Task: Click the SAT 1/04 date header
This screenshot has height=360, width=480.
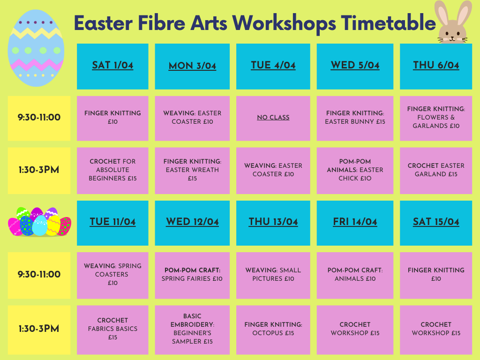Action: click(x=112, y=67)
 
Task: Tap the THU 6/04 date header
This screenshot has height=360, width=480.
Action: click(x=436, y=67)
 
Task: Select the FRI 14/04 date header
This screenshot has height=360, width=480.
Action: click(x=355, y=223)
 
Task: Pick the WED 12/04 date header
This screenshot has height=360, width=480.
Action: click(x=192, y=223)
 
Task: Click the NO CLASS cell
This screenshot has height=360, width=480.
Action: click(x=273, y=118)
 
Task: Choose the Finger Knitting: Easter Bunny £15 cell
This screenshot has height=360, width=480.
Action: click(x=355, y=118)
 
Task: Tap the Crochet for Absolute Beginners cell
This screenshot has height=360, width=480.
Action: click(x=112, y=171)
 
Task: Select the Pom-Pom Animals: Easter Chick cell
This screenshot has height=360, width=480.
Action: click(x=355, y=171)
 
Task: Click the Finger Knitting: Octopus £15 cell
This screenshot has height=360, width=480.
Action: click(x=273, y=330)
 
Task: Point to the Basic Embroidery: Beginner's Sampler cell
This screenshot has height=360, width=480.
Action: click(x=192, y=330)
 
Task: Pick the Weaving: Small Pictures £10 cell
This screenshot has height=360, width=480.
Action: click(x=273, y=275)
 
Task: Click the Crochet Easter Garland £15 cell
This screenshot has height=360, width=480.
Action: click(x=436, y=171)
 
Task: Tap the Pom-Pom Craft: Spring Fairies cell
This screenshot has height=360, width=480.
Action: click(x=192, y=275)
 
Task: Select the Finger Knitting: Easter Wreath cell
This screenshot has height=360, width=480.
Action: click(x=192, y=171)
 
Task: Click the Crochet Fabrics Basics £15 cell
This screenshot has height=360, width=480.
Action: click(x=112, y=330)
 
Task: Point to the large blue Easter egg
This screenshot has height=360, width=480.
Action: click(x=36, y=48)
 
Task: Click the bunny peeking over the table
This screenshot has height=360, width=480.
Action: click(x=453, y=22)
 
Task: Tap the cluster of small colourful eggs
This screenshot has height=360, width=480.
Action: click(x=39, y=222)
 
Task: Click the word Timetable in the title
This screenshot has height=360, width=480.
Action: click(x=388, y=23)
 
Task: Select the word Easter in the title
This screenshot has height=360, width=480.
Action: click(x=103, y=23)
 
